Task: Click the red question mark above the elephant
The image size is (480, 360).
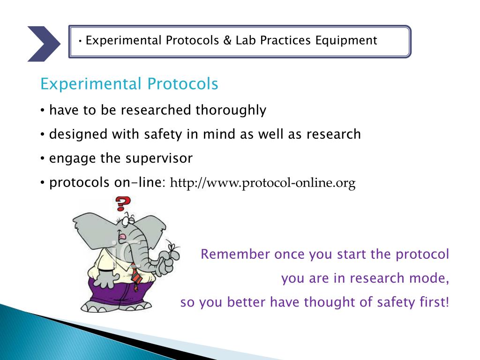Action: click(x=123, y=203)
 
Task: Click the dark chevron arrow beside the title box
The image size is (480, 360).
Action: click(x=44, y=44)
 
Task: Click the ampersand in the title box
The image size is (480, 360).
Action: click(x=227, y=40)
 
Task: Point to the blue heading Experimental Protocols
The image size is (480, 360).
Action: click(x=129, y=84)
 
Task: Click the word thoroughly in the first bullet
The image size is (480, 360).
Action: click(x=231, y=110)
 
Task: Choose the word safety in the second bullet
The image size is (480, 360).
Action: click(x=163, y=135)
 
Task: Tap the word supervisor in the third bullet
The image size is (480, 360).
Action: click(x=159, y=158)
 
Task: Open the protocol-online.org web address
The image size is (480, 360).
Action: click(x=262, y=183)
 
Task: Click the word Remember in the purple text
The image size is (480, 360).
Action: click(x=235, y=254)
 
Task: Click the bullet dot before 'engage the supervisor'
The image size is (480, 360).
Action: click(x=43, y=159)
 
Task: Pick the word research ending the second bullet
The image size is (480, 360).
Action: click(x=334, y=135)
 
